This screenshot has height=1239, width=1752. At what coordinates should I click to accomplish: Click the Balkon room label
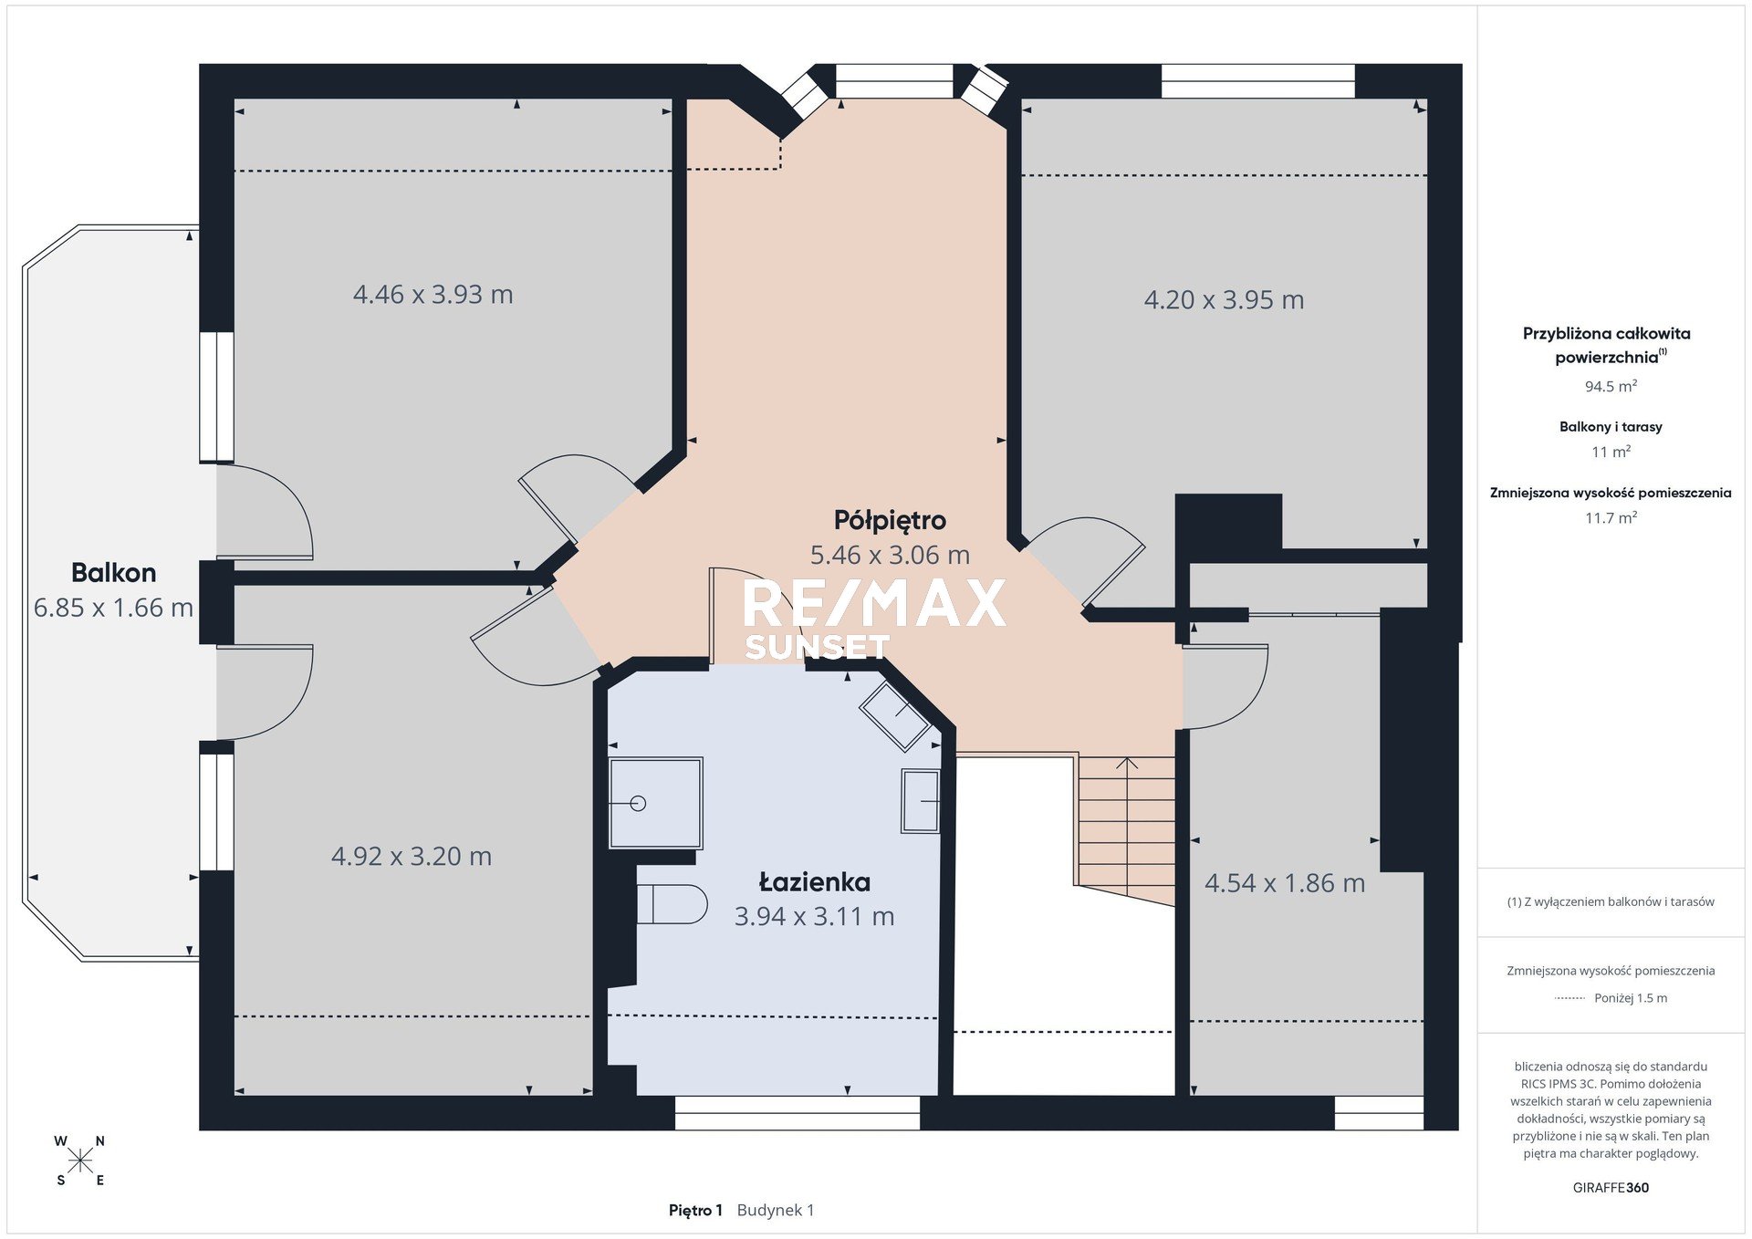114,573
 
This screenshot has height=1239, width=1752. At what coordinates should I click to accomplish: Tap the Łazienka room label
815,882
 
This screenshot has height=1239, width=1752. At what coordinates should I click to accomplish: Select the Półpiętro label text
890,521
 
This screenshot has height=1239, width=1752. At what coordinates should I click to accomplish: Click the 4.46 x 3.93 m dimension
433,295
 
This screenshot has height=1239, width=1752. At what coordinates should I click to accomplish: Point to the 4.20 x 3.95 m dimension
1224,300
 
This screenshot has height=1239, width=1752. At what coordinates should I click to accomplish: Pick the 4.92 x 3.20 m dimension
412,857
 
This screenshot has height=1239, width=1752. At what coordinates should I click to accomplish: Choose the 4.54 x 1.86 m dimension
1285,883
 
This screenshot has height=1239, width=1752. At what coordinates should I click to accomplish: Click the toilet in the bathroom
672,904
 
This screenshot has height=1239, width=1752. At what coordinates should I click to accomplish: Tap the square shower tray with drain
655,803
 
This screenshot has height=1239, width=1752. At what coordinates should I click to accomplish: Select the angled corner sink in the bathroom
895,716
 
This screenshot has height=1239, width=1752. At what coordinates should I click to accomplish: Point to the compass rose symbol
80,1161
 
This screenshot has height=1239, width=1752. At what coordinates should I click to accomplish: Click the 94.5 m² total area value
1611,387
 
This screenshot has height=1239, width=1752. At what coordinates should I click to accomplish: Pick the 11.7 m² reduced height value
1611,518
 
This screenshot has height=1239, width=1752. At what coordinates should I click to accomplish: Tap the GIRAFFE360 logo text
1611,1188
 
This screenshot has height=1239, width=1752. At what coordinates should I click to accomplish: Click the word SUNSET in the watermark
817,647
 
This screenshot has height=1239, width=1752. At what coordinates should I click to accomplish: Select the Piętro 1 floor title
695,1211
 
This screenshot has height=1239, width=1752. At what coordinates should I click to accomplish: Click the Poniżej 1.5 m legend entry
1631,998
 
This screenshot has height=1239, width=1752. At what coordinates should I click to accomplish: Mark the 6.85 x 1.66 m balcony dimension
113,608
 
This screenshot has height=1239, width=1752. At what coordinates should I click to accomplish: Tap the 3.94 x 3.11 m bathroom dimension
815,917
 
